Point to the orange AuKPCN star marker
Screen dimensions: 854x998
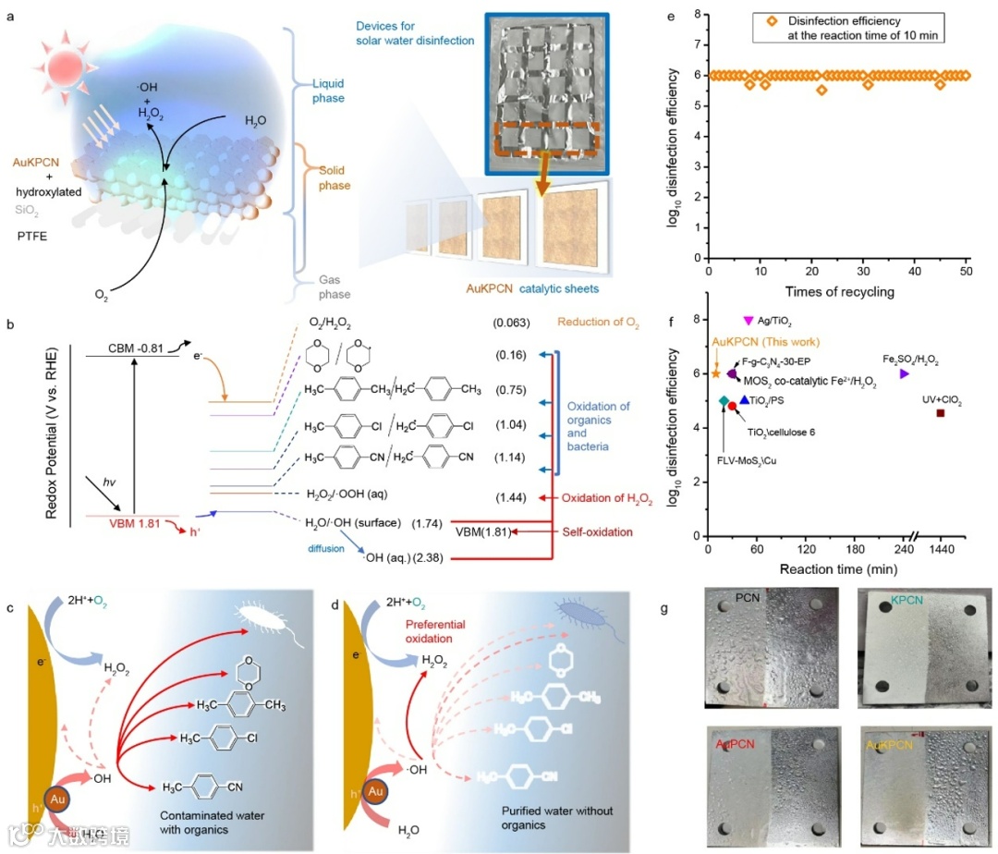(x=716, y=373)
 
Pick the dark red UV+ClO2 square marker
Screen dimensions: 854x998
(x=941, y=412)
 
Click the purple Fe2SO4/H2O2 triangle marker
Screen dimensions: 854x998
(x=904, y=373)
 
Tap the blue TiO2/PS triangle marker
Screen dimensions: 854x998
(x=745, y=400)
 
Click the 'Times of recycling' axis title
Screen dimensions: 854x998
(x=837, y=291)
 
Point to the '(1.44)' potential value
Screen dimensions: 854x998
(x=510, y=497)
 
